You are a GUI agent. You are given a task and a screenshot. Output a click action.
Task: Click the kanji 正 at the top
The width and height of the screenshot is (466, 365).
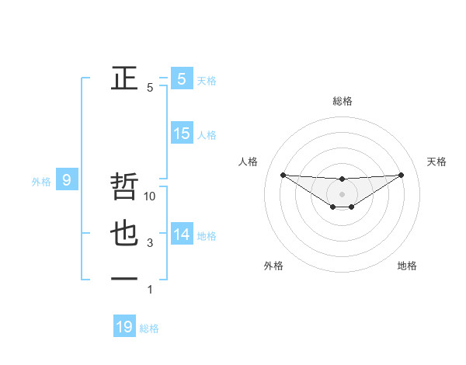(124, 78)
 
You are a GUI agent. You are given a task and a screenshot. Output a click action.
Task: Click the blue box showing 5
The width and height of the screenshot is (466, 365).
(181, 78)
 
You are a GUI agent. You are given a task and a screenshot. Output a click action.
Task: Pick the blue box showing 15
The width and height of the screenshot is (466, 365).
(181, 134)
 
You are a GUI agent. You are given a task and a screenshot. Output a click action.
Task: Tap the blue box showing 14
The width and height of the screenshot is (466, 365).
(181, 234)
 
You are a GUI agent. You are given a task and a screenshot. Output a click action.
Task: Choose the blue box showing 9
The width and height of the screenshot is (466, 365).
(67, 181)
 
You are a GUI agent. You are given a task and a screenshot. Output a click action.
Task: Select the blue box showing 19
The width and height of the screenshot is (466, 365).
(124, 327)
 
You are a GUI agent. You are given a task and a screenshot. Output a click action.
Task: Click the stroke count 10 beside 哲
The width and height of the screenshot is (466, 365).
(151, 196)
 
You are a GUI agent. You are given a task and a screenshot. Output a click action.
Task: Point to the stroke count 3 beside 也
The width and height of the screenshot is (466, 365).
(150, 243)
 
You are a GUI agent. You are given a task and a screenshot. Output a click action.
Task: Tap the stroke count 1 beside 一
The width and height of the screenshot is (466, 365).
(150, 290)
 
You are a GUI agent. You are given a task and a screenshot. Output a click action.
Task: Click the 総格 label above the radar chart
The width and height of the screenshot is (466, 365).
(343, 101)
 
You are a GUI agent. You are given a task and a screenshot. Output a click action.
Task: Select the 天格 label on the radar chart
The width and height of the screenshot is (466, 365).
(436, 162)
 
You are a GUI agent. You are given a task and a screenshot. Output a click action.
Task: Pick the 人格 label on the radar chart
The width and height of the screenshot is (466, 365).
(248, 162)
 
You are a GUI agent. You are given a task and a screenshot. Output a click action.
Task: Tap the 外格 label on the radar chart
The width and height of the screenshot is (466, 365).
(273, 266)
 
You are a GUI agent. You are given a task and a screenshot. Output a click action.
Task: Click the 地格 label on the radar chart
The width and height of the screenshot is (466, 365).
(407, 266)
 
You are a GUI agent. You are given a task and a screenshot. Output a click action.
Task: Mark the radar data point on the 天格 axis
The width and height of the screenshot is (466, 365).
(401, 175)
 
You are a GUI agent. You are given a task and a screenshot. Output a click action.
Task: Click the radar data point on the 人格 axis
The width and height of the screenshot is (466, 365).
(283, 175)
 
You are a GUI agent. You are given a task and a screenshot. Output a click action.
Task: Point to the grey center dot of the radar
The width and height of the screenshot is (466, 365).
(342, 193)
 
